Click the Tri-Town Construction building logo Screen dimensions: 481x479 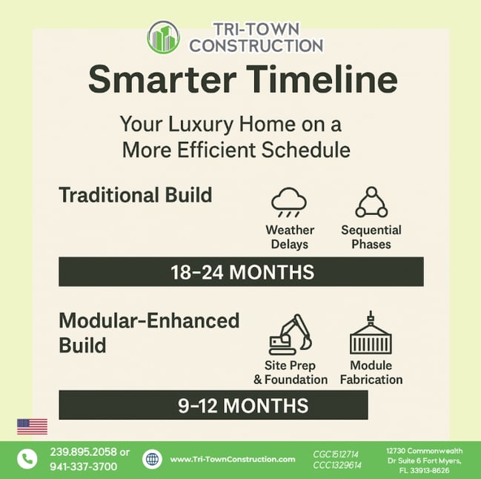click(163, 37)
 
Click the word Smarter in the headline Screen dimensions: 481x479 click(162, 79)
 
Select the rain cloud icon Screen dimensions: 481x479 click(289, 202)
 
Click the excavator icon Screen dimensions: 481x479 click(290, 334)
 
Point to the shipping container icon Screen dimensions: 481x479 click(371, 333)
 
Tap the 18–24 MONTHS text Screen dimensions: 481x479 click(242, 272)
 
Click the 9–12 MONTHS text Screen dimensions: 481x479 click(243, 406)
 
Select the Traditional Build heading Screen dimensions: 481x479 click(136, 195)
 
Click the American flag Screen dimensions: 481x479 click(32, 426)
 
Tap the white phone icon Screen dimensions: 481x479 click(27, 459)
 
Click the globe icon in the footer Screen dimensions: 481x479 click(152, 459)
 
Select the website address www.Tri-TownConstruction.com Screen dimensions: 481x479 click(233, 460)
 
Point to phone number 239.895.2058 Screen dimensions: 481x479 click(84, 452)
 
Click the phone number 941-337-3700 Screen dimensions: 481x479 click(84, 466)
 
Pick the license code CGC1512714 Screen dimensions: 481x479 click(336, 454)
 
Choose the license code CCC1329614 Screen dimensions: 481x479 click(337, 466)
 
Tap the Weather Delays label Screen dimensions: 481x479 click(290, 237)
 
